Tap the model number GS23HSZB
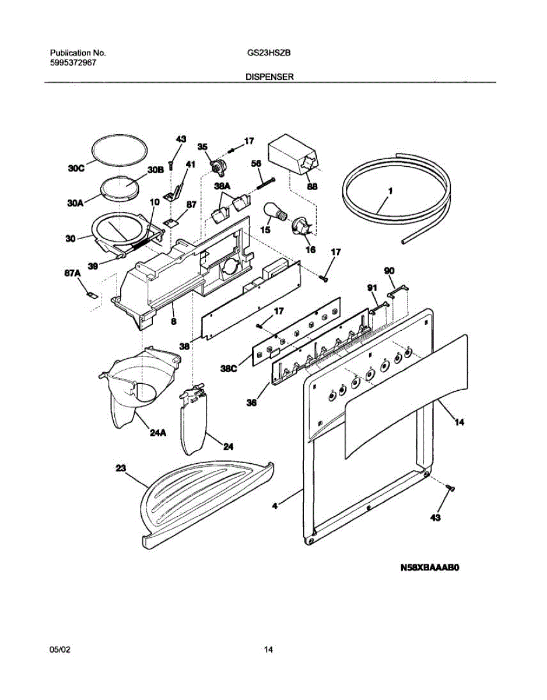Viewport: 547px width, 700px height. coord(269,52)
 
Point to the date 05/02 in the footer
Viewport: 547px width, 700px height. coord(58,649)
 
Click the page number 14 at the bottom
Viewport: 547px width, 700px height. coord(269,649)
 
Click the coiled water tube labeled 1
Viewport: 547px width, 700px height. coord(397,198)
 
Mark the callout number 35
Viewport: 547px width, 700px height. coord(202,147)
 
